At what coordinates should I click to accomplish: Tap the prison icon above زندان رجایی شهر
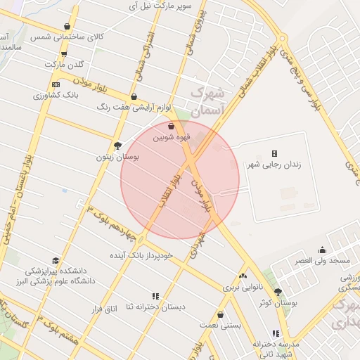tap(274, 153)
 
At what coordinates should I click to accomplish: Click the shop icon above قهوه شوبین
tap(171, 127)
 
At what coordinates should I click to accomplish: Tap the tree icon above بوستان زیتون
tap(117, 146)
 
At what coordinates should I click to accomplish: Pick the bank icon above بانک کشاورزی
tap(56, 84)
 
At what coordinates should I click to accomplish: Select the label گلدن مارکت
tap(64, 64)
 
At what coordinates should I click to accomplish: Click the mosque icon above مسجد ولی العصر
tap(322, 250)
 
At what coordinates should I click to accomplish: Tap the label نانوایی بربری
tap(242, 288)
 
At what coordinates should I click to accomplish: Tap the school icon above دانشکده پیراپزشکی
tap(56, 260)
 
